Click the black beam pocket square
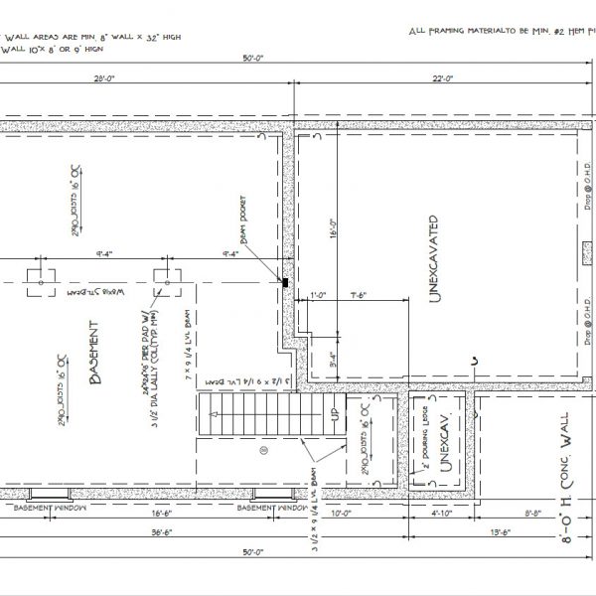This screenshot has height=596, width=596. (285, 283)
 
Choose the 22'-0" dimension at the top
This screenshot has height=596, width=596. (443, 79)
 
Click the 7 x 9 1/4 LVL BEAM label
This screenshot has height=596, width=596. (185, 343)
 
